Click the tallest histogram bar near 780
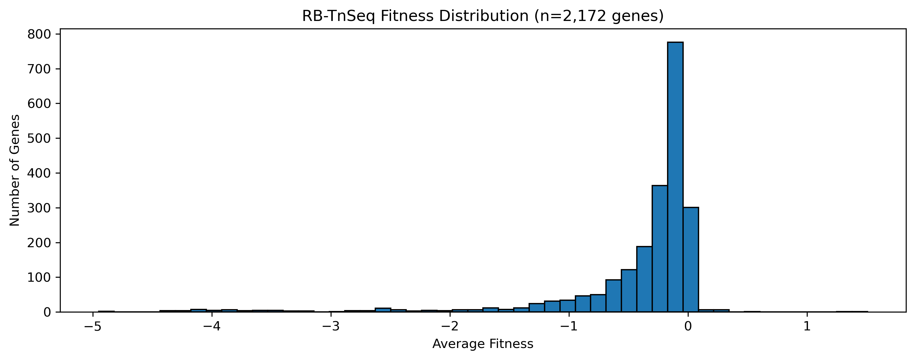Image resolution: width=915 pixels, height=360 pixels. click(675, 178)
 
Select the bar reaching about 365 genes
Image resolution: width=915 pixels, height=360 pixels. click(660, 248)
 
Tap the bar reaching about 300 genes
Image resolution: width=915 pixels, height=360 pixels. click(690, 259)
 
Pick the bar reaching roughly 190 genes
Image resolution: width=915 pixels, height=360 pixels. click(644, 279)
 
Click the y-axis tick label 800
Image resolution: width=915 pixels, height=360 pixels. click(39, 35)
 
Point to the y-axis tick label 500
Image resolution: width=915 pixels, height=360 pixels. click(39, 138)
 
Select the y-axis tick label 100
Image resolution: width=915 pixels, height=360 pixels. click(39, 277)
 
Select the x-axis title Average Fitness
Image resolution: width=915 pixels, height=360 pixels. click(483, 344)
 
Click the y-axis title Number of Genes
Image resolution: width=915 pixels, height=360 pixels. click(14, 170)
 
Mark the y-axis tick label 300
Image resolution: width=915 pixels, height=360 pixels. click(39, 208)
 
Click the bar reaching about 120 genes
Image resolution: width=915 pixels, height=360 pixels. click(629, 291)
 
